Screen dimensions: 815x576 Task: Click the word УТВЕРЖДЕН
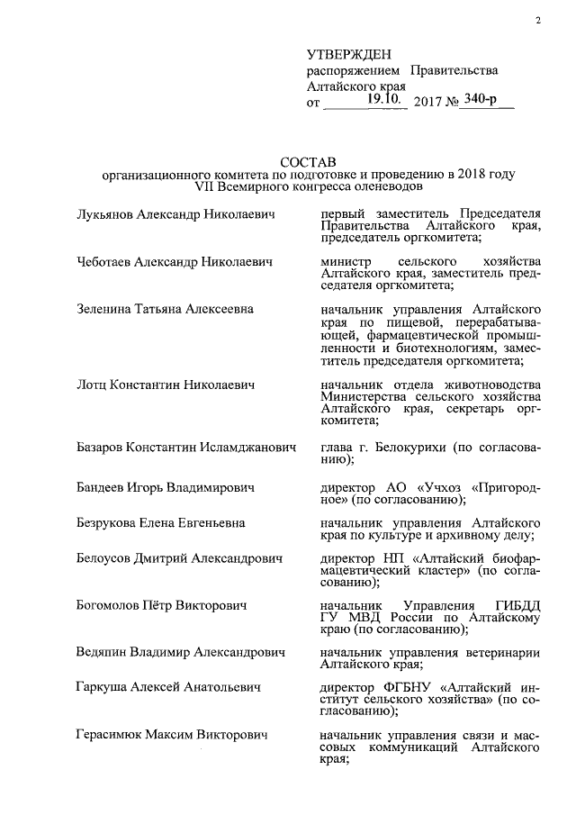(x=350, y=55)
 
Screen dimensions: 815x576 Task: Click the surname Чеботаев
(x=105, y=262)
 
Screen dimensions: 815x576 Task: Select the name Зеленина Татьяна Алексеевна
(x=165, y=309)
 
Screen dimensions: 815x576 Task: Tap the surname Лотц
(x=92, y=385)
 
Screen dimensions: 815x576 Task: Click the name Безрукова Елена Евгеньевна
(x=161, y=522)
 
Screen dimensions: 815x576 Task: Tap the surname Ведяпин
(x=104, y=651)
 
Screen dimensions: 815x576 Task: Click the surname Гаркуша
(x=103, y=687)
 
